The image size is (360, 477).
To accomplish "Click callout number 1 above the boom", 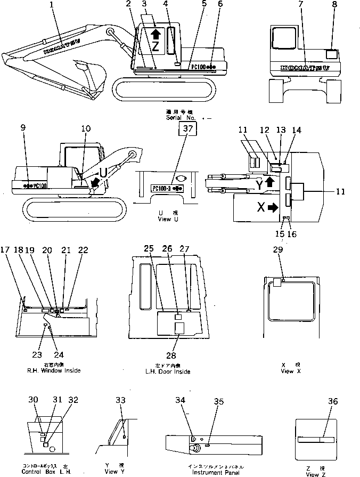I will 51,6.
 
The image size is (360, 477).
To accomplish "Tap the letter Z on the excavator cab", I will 156,46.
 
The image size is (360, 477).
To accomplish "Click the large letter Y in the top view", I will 258,186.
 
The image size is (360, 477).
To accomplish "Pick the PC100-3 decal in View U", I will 167,189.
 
